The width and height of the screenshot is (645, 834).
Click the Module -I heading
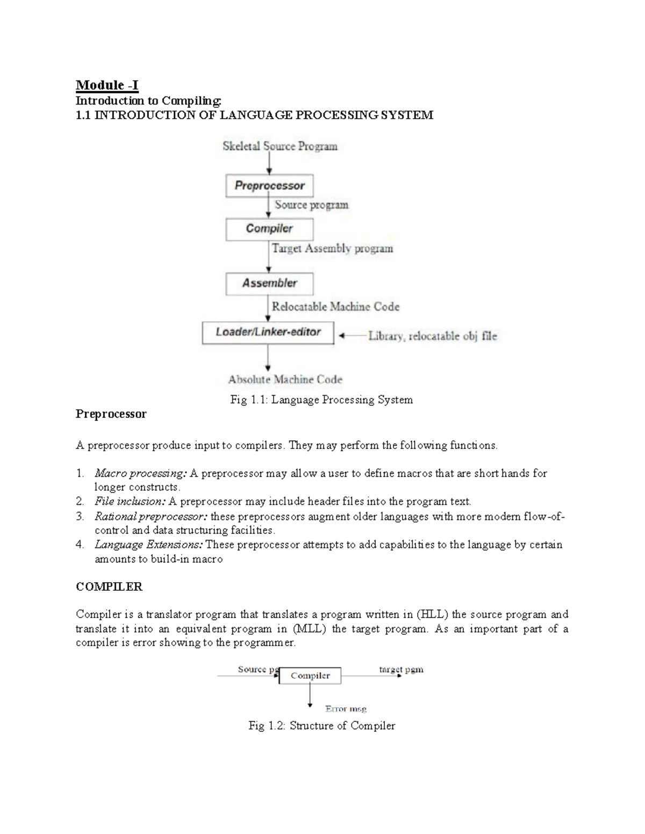107,85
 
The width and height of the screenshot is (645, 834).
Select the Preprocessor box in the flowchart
269,186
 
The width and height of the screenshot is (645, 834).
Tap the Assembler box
269,283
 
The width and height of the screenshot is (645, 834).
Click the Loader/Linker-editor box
268,332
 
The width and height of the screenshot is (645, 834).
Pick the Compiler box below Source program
269,229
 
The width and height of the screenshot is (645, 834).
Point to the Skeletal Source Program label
280,146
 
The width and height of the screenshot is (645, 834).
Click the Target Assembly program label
332,249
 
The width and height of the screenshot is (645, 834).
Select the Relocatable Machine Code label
335,307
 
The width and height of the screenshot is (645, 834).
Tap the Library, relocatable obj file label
432,336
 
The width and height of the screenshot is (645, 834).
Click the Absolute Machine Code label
285,380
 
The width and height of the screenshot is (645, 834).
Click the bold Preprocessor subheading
111,414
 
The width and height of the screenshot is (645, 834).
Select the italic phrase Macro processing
140,473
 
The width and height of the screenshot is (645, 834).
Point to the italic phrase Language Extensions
148,545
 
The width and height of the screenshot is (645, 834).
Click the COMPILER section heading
109,587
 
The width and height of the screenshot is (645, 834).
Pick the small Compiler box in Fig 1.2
310,676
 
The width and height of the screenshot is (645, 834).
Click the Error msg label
346,709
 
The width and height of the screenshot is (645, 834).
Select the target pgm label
401,670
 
